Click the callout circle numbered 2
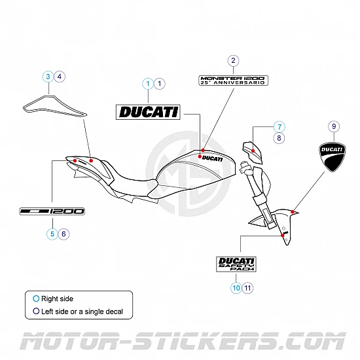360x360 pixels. tap(233, 61)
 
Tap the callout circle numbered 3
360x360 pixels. tap(48, 77)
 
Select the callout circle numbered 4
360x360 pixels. tap(60, 77)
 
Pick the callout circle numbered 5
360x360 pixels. tap(51, 233)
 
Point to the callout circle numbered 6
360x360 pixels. tap(63, 233)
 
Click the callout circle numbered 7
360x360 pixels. tap(279, 126)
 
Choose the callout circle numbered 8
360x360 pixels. tap(279, 138)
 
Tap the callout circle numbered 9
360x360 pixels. tap(333, 126)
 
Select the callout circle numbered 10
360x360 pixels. tap(235, 287)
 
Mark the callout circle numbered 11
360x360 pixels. tap(247, 287)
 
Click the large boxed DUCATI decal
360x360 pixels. tap(148, 112)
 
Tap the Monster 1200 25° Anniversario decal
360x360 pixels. tap(233, 80)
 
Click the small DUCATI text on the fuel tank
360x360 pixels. tap(212, 158)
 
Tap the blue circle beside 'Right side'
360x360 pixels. tap(36, 298)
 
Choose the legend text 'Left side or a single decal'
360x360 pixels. tap(82, 312)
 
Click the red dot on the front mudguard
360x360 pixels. tap(294, 211)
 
